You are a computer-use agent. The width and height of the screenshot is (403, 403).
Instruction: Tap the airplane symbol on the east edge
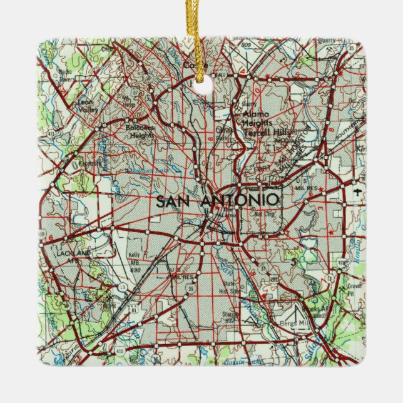[357, 192]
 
